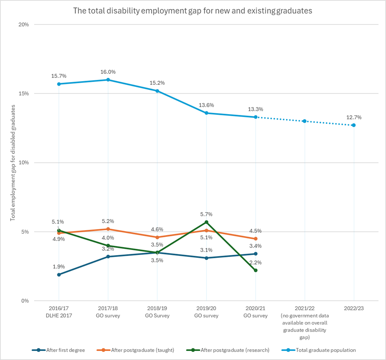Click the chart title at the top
(x=193, y=11)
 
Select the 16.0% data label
(x=108, y=72)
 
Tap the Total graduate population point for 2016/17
(x=59, y=84)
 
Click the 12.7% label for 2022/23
(x=354, y=117)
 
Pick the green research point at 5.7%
(x=207, y=222)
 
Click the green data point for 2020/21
(x=256, y=270)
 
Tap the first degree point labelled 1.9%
(x=59, y=274)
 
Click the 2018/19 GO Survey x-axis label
(x=157, y=312)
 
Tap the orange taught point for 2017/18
(x=108, y=229)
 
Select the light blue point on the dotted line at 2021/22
(x=305, y=121)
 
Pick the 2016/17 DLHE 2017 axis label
(x=59, y=312)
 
